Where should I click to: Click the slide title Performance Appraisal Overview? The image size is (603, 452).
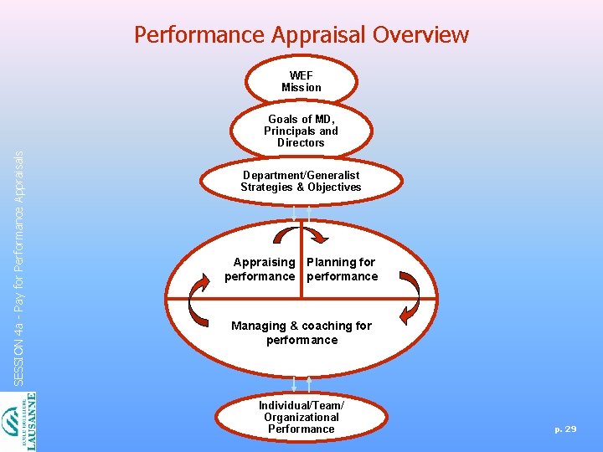pos(301,35)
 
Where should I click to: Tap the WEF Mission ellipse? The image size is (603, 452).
pos(301,81)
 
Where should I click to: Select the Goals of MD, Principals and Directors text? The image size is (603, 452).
pos(301,131)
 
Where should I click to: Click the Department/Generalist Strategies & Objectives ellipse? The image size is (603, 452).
pos(301,181)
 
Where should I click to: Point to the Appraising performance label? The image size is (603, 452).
pos(260,269)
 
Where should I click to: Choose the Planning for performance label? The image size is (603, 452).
pos(342,269)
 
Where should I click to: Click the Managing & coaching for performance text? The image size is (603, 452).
pos(301,332)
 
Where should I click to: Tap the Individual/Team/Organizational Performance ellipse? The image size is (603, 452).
pos(301,417)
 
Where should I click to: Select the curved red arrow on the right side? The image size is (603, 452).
pos(408,297)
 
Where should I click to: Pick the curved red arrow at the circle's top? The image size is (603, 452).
pos(302,232)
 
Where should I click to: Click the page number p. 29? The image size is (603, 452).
pos(565,429)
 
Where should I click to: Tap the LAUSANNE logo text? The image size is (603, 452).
pos(31,423)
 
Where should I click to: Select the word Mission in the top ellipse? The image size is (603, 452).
pos(301,87)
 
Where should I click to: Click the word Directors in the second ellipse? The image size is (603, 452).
pos(301,142)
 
